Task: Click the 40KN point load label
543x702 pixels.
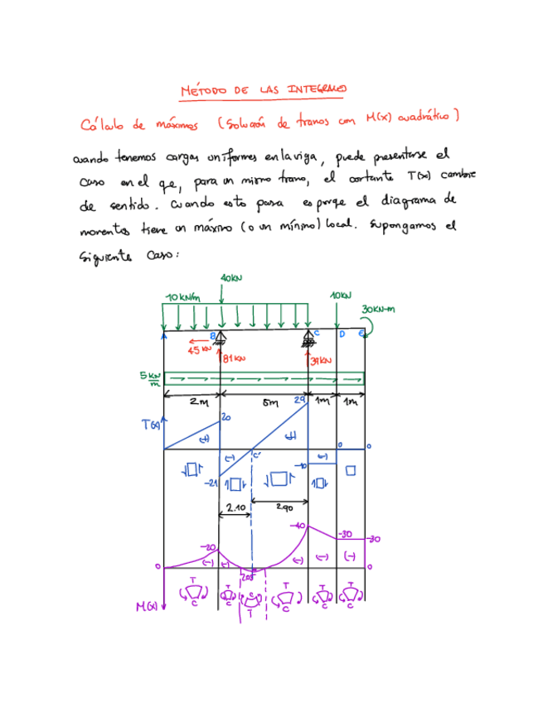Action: pos(232,277)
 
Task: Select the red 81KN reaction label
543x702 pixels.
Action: pos(235,358)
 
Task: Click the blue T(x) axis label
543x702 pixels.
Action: pos(149,426)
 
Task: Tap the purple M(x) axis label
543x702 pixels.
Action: pos(147,607)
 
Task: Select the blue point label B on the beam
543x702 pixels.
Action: pos(212,335)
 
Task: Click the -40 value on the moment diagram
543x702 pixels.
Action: pos(300,526)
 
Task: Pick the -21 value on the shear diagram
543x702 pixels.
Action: pos(211,483)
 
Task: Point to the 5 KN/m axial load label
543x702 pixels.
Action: pos(150,378)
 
